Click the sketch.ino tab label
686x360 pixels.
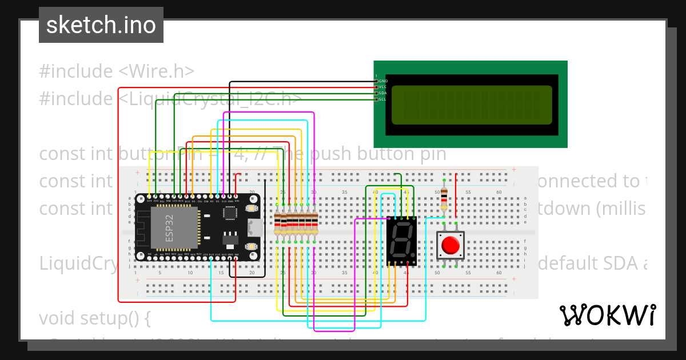(101, 25)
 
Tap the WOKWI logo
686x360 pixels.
(607, 315)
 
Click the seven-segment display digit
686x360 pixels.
(401, 240)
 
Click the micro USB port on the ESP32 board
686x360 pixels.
(254, 227)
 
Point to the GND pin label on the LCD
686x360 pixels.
(383, 81)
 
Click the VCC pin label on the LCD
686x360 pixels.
(383, 87)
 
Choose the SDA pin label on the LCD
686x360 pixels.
(383, 93)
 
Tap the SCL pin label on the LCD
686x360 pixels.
(383, 99)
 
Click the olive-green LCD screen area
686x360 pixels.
(471, 105)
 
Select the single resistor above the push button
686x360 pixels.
(444, 199)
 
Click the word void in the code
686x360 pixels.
(59, 318)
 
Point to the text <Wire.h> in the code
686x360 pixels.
(156, 71)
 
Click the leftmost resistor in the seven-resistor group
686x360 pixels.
(277, 223)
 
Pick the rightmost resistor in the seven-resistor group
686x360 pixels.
(314, 223)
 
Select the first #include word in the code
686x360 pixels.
(75, 71)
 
